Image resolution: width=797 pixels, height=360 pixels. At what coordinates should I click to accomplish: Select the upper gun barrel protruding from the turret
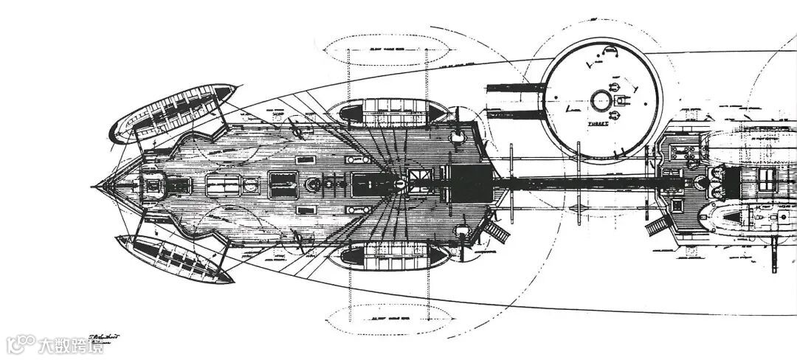515,91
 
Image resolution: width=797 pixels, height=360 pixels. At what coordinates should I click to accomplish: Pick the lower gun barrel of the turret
515,113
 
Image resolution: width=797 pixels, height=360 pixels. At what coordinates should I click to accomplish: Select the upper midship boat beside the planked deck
387,111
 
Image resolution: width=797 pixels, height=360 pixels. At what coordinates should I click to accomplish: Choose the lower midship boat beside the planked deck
387,257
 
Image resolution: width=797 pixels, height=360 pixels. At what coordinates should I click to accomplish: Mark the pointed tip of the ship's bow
94,186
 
